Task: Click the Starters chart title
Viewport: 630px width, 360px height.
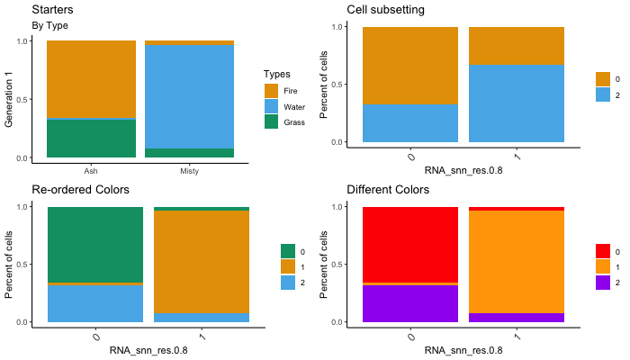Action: tap(53, 9)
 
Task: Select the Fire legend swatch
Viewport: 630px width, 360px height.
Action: tap(272, 91)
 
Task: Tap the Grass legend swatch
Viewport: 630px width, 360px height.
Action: tap(272, 121)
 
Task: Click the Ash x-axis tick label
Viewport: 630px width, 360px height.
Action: tap(91, 170)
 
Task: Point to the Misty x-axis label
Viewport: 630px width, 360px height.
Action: tap(189, 170)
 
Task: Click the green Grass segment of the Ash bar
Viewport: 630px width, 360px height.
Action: tap(91, 139)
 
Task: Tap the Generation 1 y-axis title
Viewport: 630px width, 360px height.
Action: tap(10, 99)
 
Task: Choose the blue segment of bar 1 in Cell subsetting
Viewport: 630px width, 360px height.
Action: tap(517, 103)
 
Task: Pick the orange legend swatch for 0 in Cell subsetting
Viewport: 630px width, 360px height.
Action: tap(603, 79)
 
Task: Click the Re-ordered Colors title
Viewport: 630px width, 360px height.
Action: tap(81, 190)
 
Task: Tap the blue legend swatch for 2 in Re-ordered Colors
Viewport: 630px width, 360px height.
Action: tap(288, 283)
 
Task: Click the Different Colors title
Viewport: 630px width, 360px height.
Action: tap(388, 190)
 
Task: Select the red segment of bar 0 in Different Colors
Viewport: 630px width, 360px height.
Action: tap(410, 244)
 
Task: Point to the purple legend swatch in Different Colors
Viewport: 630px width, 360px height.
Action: tap(603, 283)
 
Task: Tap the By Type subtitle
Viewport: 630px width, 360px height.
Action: tap(50, 25)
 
